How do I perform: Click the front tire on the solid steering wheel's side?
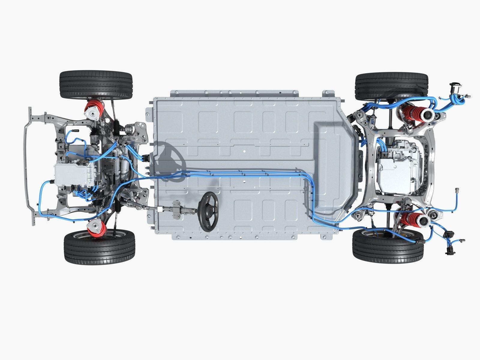click(x=99, y=246)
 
